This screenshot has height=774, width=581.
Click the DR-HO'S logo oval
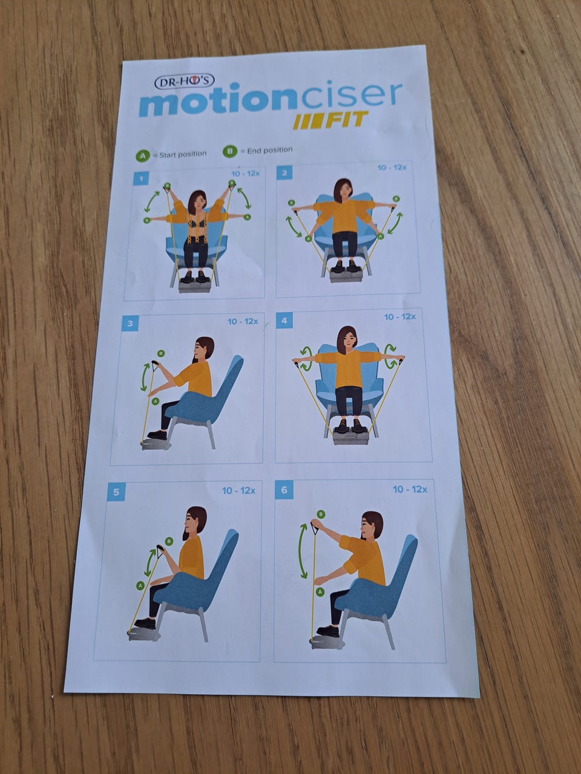[185, 82]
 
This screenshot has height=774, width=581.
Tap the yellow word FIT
[346, 120]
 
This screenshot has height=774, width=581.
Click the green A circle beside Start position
[142, 156]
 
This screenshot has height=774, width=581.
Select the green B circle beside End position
[229, 152]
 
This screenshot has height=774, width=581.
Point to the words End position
[270, 150]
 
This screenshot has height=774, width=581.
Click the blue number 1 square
[141, 179]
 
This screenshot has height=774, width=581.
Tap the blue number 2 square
[284, 173]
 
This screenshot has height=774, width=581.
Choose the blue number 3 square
[131, 324]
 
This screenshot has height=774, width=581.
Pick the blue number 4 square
[284, 320]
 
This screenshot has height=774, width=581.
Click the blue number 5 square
[116, 492]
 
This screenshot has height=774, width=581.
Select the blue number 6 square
[284, 490]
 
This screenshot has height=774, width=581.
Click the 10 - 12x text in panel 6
[410, 489]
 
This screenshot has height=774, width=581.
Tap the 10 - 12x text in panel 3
[243, 322]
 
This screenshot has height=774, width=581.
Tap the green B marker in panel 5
[169, 541]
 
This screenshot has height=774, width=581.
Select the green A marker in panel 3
[154, 402]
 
